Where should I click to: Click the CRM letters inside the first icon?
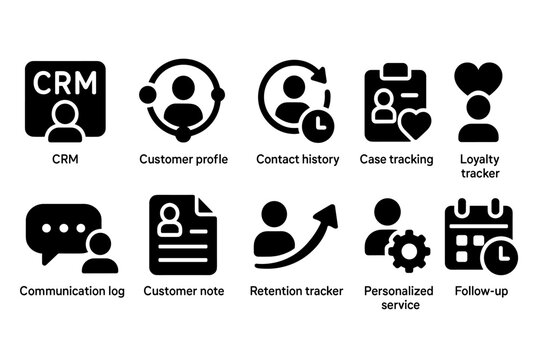point(66,81)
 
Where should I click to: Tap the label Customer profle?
point(183,159)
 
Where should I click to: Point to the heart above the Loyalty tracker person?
point(478,77)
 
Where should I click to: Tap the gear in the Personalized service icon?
point(408,252)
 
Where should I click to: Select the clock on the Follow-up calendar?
point(497,257)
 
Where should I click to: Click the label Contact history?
point(298,159)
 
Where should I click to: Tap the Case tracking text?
point(396,159)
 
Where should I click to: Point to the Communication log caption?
point(71,291)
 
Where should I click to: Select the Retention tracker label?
point(296,291)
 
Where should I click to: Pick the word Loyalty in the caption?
point(478,159)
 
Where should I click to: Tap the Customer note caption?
point(183,291)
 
